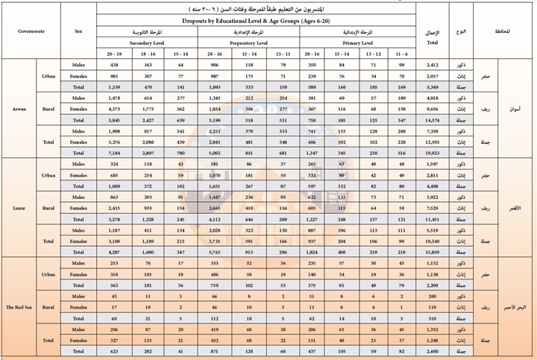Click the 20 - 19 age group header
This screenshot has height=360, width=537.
point(115,54)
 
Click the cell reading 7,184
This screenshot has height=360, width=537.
point(114,151)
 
